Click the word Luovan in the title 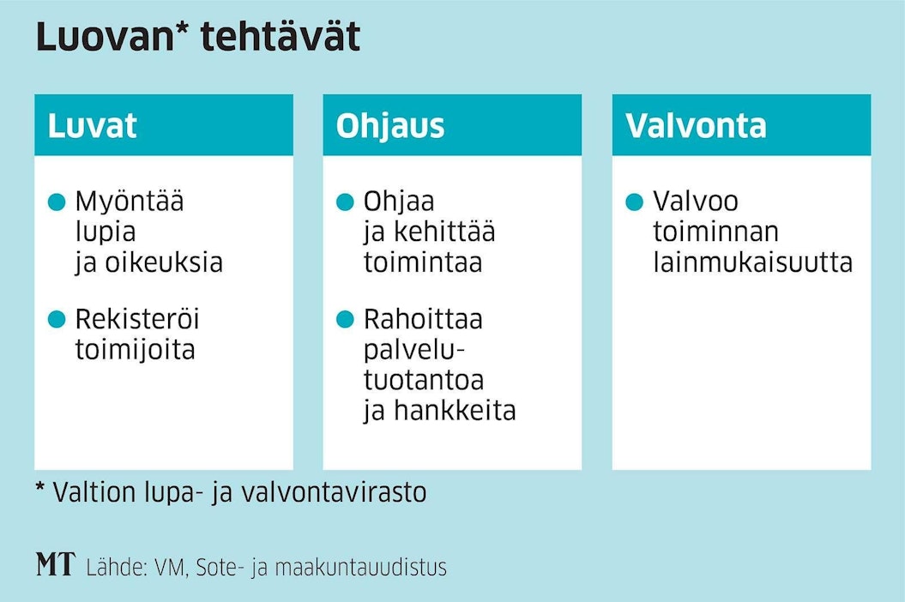(x=105, y=37)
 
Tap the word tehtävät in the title (x=281, y=37)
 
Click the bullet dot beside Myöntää (x=57, y=202)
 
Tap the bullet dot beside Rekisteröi (x=57, y=319)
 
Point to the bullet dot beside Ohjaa (x=345, y=202)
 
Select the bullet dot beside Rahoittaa (x=345, y=319)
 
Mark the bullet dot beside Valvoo (x=634, y=202)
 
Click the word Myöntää (x=130, y=202)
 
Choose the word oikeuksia (x=164, y=262)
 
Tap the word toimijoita (x=135, y=351)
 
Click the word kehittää (x=444, y=232)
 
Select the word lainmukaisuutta (x=752, y=262)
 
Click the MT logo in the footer (x=56, y=564)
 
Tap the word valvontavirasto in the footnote (x=335, y=493)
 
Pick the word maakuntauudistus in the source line (x=361, y=568)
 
